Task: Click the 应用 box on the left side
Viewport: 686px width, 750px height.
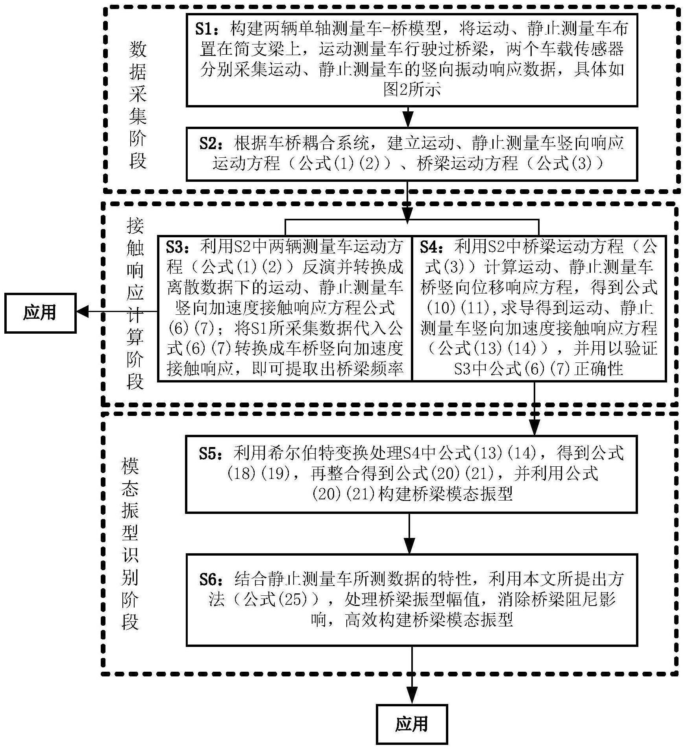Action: point(40,313)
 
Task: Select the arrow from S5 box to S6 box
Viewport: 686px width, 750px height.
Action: point(410,534)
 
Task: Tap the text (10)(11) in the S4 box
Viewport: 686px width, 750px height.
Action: point(459,308)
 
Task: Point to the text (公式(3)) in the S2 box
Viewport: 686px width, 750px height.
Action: point(566,163)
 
